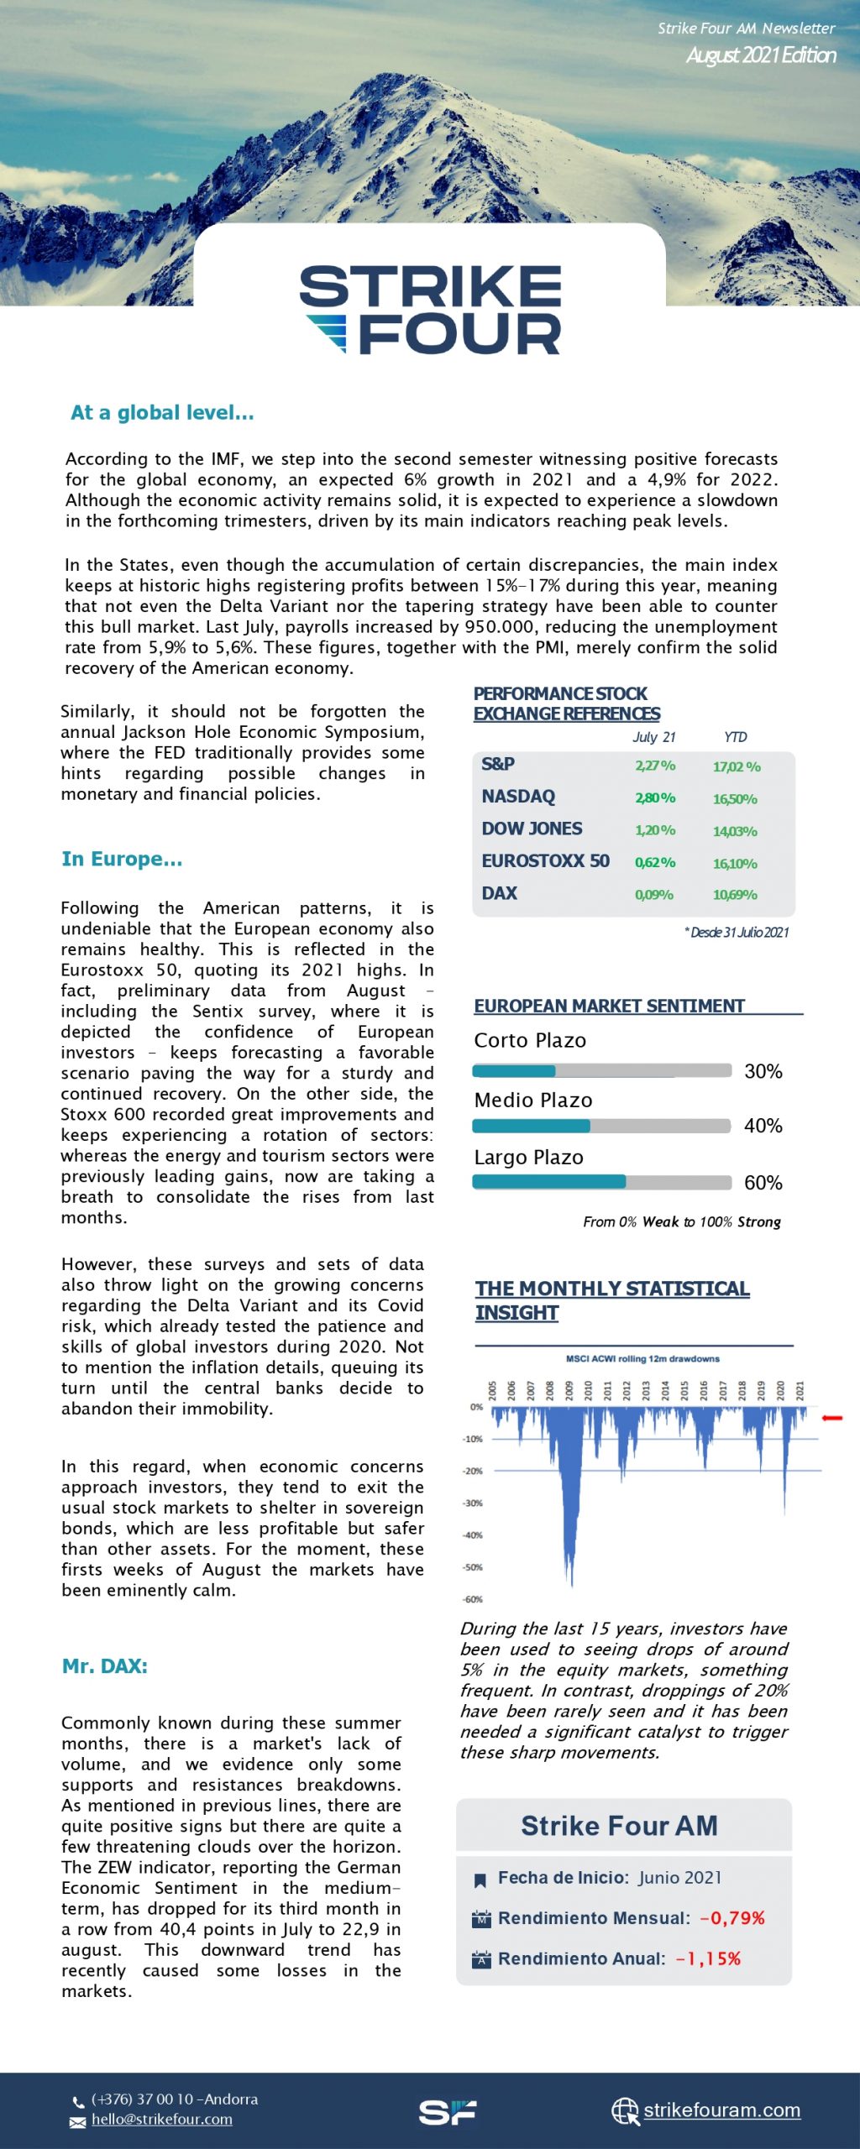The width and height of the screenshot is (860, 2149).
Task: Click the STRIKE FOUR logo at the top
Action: tap(430, 310)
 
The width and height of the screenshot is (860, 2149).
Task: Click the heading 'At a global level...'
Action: tap(162, 412)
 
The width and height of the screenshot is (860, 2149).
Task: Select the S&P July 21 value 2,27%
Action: tap(655, 766)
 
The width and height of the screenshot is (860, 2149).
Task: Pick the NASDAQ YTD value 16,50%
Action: tap(735, 798)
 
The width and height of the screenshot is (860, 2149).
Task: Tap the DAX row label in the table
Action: tap(499, 893)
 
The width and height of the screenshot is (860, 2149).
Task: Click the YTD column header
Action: tap(735, 736)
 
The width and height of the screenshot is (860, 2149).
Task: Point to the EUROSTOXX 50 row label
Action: tap(545, 861)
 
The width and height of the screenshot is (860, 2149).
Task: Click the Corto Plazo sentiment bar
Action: tap(601, 1070)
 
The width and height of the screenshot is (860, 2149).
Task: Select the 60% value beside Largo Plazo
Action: tap(763, 1183)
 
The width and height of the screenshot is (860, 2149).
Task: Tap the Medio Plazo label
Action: tap(533, 1100)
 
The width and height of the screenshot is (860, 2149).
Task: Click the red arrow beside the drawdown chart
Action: tap(831, 1418)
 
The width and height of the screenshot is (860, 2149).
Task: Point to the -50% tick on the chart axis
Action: tap(473, 1567)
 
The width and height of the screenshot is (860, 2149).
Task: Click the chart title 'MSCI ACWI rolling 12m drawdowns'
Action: tap(642, 1358)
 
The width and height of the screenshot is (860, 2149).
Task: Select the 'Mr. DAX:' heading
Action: tap(104, 1666)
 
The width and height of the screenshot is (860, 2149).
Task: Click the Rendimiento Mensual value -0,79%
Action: tap(732, 1918)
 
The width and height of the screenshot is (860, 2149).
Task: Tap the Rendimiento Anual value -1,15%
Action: tap(708, 1958)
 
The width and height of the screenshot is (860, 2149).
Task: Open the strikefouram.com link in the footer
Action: tap(721, 2110)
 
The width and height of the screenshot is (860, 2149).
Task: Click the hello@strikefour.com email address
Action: tap(161, 2119)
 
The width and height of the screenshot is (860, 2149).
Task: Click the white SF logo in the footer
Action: tap(447, 2111)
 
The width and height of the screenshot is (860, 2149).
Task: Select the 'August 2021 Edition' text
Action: tap(761, 55)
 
